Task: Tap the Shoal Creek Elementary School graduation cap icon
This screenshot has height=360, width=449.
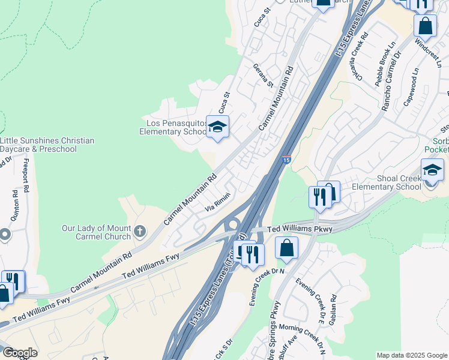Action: tap(432, 170)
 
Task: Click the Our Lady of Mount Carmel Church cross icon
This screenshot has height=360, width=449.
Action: tap(139, 231)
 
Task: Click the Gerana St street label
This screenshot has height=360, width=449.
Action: tap(263, 76)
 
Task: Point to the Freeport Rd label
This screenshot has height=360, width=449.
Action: tap(26, 176)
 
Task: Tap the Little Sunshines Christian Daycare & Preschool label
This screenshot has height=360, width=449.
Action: tap(47, 145)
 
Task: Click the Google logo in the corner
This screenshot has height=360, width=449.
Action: tap(20, 353)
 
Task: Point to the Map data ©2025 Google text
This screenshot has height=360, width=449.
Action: tap(411, 355)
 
